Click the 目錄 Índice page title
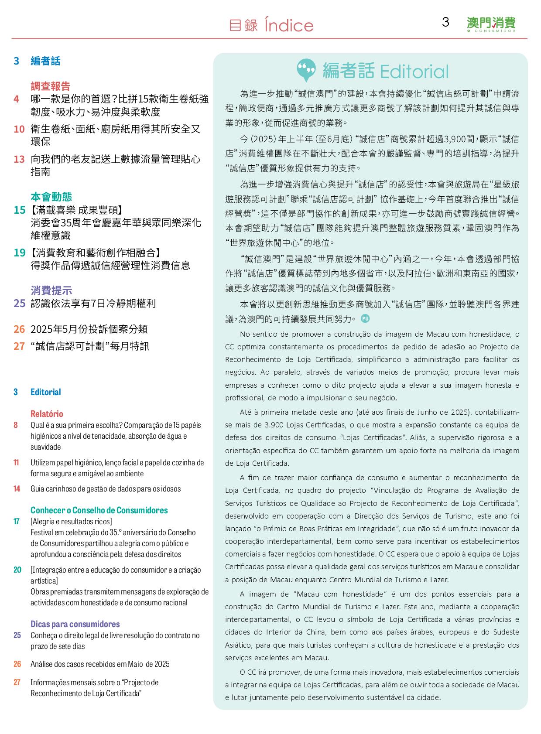coord(271,25)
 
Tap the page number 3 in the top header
coord(445,22)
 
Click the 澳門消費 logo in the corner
coord(491,24)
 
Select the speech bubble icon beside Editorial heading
coord(306,70)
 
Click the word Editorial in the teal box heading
coord(414,72)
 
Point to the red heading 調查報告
coord(50,86)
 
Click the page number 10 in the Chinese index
coord(19,129)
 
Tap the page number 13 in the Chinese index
coord(19,159)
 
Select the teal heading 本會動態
coord(51,197)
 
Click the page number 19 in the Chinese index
coord(19,253)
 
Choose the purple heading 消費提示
coord(51,291)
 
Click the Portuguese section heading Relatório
coord(47,414)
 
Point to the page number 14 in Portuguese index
coord(17,489)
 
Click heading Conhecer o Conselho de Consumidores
coord(99,510)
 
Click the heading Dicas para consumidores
coord(75,624)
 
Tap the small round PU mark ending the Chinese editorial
coord(366,318)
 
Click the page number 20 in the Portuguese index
coord(17,570)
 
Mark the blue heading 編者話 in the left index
coord(45,61)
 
